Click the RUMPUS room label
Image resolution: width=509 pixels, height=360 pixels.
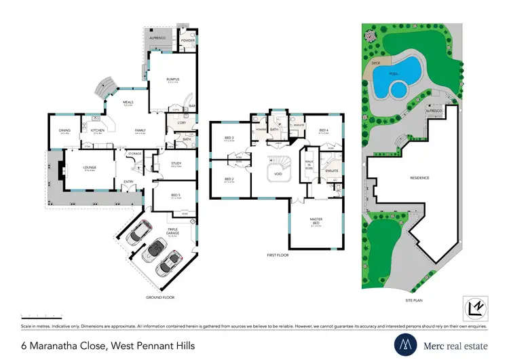coord(172,79)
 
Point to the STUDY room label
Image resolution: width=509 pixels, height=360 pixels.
coord(176,163)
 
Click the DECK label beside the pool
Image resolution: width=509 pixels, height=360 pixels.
coord(375,62)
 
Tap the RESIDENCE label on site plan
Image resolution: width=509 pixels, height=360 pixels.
coord(419,178)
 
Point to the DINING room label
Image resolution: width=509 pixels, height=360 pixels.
coord(65,132)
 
